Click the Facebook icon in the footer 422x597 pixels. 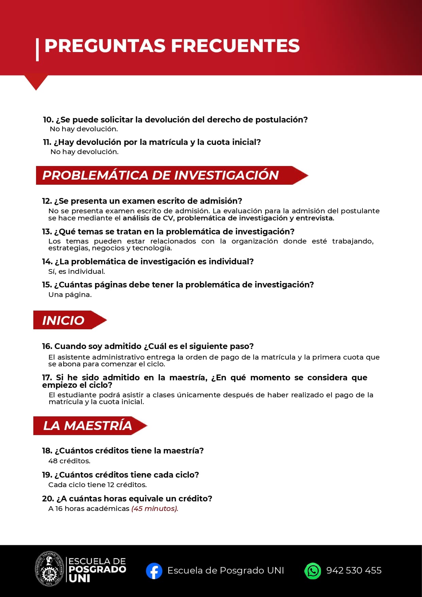click(154, 571)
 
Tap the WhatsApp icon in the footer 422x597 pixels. click(313, 571)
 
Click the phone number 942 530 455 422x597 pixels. click(354, 570)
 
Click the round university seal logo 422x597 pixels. click(50, 569)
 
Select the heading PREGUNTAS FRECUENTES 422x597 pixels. click(172, 46)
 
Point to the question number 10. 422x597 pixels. click(48, 120)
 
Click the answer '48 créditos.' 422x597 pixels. click(69, 461)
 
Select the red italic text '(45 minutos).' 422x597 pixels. click(155, 509)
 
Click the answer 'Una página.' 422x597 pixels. click(70, 295)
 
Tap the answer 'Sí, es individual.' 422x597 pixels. click(77, 271)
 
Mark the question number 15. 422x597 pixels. click(47, 285)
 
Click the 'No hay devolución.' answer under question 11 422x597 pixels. click(84, 152)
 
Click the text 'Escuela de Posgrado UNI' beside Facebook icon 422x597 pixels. click(225, 570)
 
